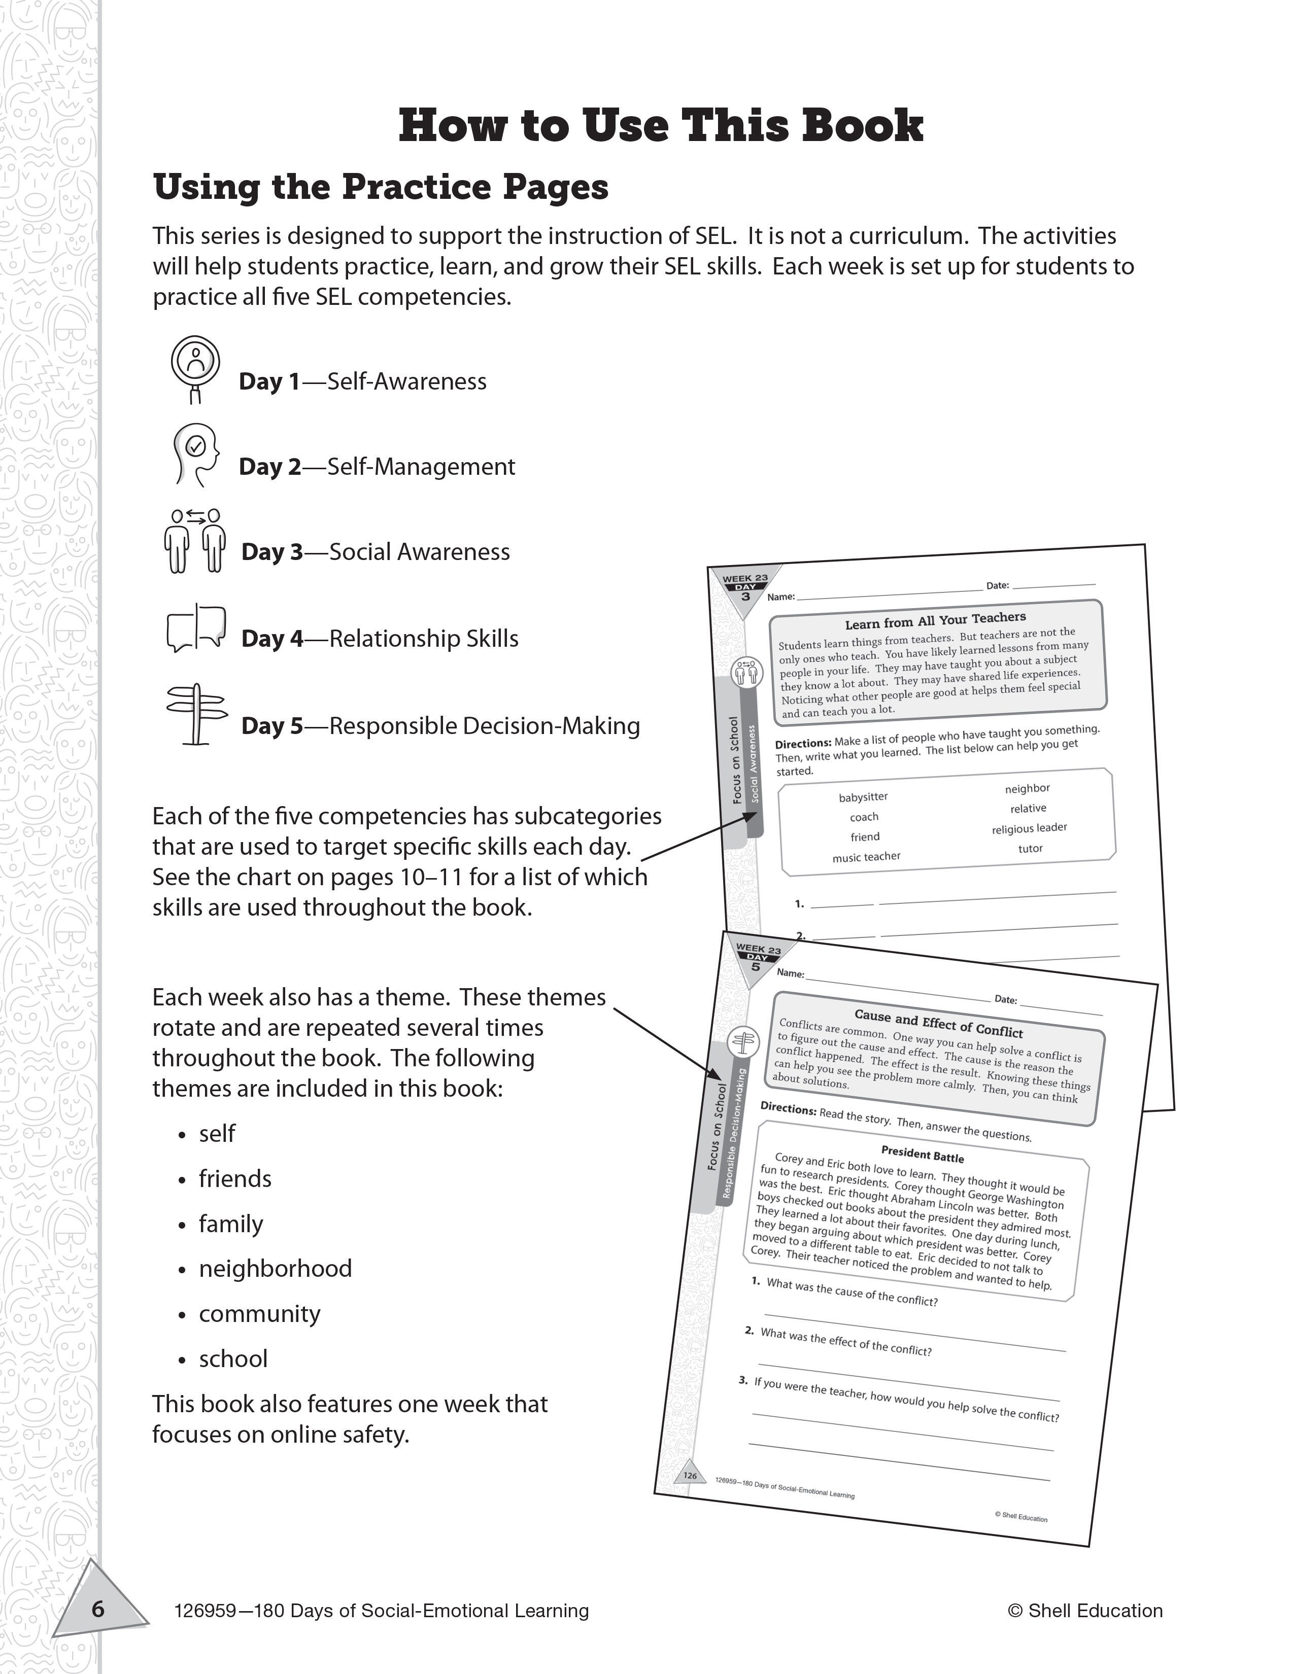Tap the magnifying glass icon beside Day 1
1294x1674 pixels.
point(195,367)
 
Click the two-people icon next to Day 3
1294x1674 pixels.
point(195,541)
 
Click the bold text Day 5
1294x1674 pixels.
point(272,726)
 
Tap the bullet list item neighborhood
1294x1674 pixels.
point(275,1269)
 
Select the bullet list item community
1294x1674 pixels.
point(259,1314)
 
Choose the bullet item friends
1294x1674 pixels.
point(234,1179)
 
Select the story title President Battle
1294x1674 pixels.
point(922,1154)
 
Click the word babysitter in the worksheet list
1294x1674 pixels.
point(863,797)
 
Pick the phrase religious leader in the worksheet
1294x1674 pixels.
point(1029,828)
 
